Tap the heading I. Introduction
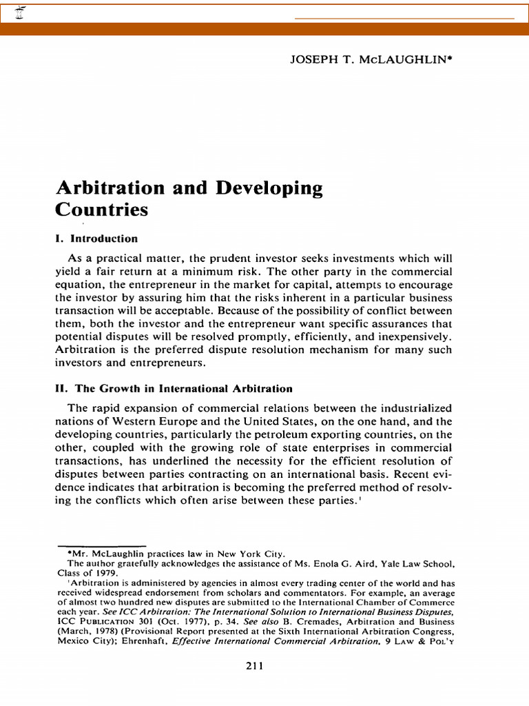click(96, 239)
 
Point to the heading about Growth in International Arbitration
click(174, 389)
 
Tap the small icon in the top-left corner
click(10, 12)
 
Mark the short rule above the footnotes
click(102, 545)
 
